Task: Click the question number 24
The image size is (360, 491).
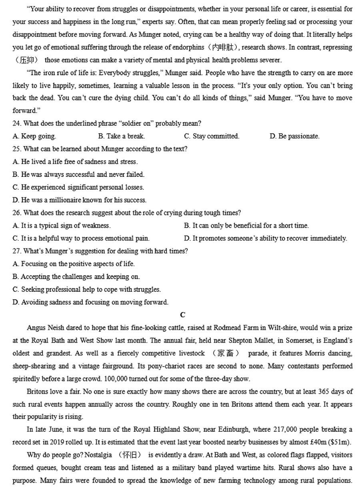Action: [17, 123]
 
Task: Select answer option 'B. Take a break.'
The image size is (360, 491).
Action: [122, 136]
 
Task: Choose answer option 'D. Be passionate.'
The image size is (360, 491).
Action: [294, 136]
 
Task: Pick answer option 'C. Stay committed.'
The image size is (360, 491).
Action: [212, 136]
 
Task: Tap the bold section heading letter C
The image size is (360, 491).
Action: [182, 315]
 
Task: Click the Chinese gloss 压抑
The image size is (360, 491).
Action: [26, 60]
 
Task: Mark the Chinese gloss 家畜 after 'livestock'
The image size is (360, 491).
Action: [226, 353]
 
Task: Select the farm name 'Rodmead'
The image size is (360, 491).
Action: [228, 328]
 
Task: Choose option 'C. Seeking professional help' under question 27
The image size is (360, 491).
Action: [86, 289]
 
